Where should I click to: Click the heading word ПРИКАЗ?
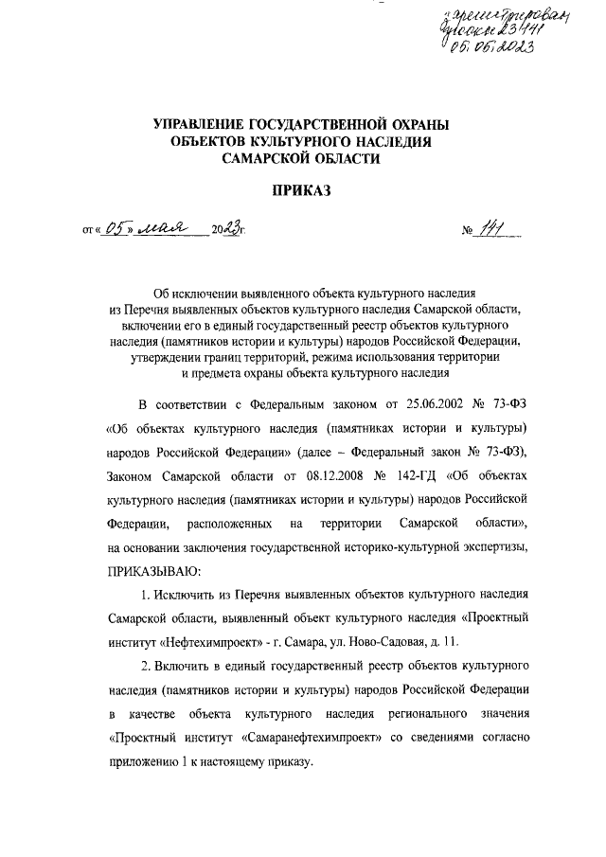300,190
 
